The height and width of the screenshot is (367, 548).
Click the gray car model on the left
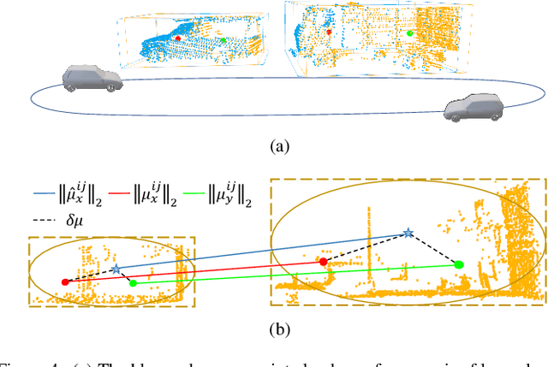click(90, 80)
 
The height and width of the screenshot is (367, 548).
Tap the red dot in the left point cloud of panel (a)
click(178, 38)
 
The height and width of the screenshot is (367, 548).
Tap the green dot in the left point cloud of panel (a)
click(223, 40)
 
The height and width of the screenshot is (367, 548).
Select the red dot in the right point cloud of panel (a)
click(329, 32)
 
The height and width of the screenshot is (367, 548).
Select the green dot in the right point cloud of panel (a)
click(410, 33)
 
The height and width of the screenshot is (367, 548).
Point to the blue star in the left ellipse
click(116, 269)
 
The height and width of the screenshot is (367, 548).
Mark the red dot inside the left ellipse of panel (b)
click(65, 281)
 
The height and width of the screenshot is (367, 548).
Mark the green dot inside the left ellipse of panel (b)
click(131, 281)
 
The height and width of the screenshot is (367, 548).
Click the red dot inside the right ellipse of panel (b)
click(324, 261)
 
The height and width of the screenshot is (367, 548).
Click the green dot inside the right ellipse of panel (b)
click(459, 265)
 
